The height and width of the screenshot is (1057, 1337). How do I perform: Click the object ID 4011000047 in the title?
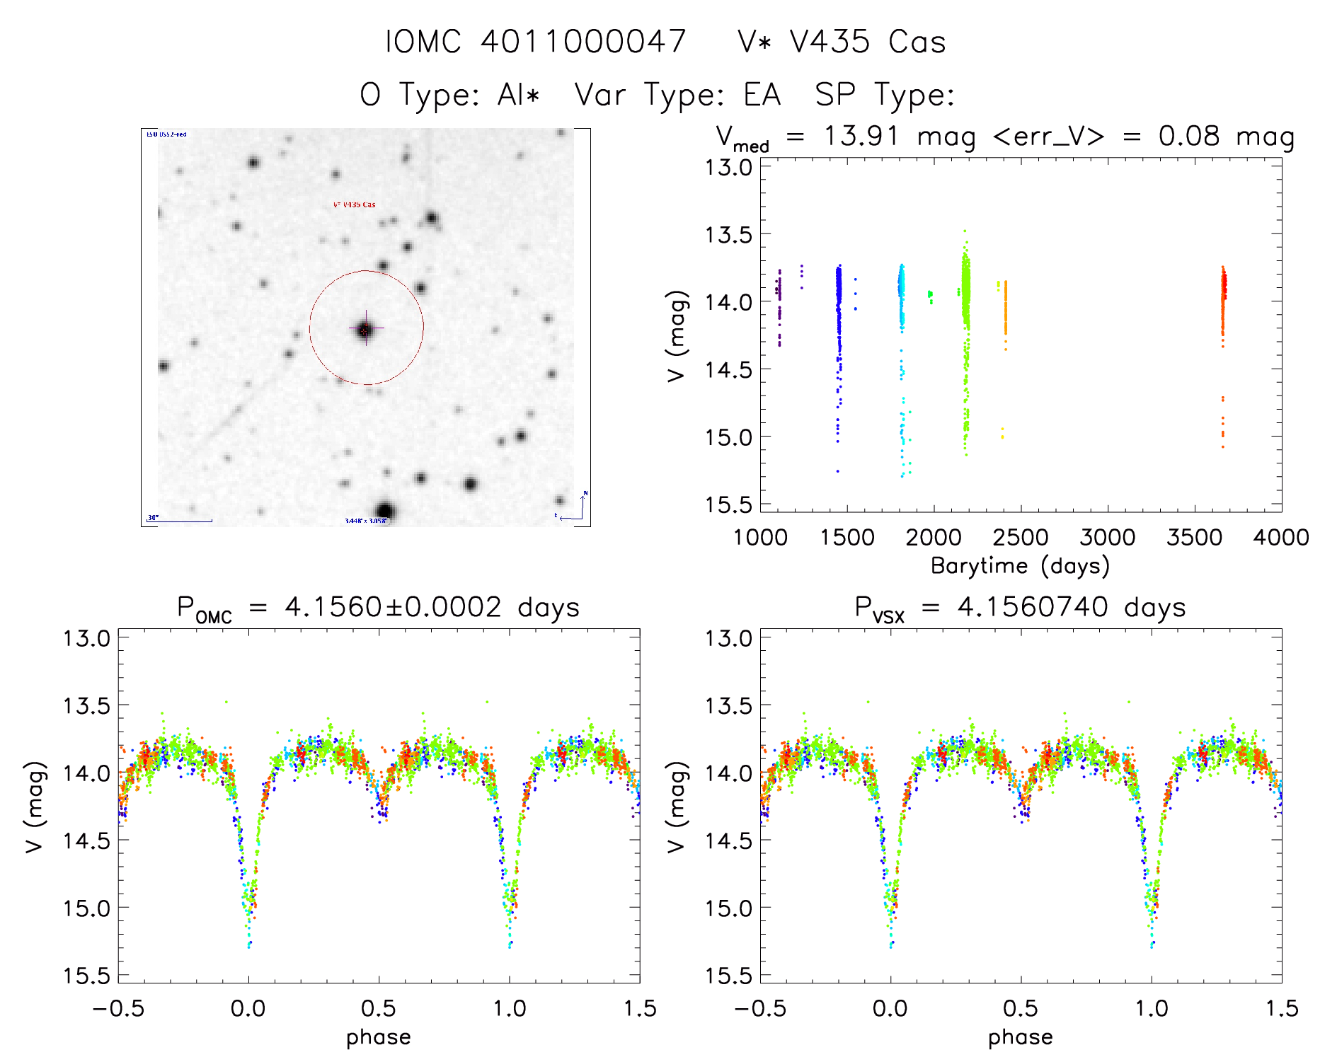tap(583, 41)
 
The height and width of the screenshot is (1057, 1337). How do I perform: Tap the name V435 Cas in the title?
tap(867, 42)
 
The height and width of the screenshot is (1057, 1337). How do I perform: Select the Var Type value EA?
tap(762, 95)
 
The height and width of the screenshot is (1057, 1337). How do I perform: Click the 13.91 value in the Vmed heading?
tap(861, 136)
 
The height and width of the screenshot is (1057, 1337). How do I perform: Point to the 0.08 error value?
tap(1189, 136)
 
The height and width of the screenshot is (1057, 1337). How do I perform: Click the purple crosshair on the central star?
tap(366, 328)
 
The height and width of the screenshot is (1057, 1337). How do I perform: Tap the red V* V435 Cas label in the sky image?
tap(355, 205)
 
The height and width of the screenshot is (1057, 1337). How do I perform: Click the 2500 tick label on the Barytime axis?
tap(1021, 538)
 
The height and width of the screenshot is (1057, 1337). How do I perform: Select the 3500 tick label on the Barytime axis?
tap(1194, 538)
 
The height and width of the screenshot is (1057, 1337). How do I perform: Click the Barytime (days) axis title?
tap(1020, 566)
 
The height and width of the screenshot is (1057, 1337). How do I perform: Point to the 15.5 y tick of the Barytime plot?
tap(728, 504)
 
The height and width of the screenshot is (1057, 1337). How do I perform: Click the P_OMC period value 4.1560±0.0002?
tap(393, 607)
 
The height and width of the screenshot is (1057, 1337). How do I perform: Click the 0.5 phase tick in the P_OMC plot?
tap(379, 1009)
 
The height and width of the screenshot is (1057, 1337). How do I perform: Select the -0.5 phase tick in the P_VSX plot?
tap(759, 1009)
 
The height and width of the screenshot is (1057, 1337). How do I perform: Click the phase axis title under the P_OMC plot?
tap(379, 1037)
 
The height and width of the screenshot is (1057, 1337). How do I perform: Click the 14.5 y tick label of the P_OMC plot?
tap(86, 841)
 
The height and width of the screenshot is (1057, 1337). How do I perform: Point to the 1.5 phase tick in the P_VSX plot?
tap(1282, 1009)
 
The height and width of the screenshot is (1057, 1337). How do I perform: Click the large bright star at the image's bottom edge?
tap(384, 511)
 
